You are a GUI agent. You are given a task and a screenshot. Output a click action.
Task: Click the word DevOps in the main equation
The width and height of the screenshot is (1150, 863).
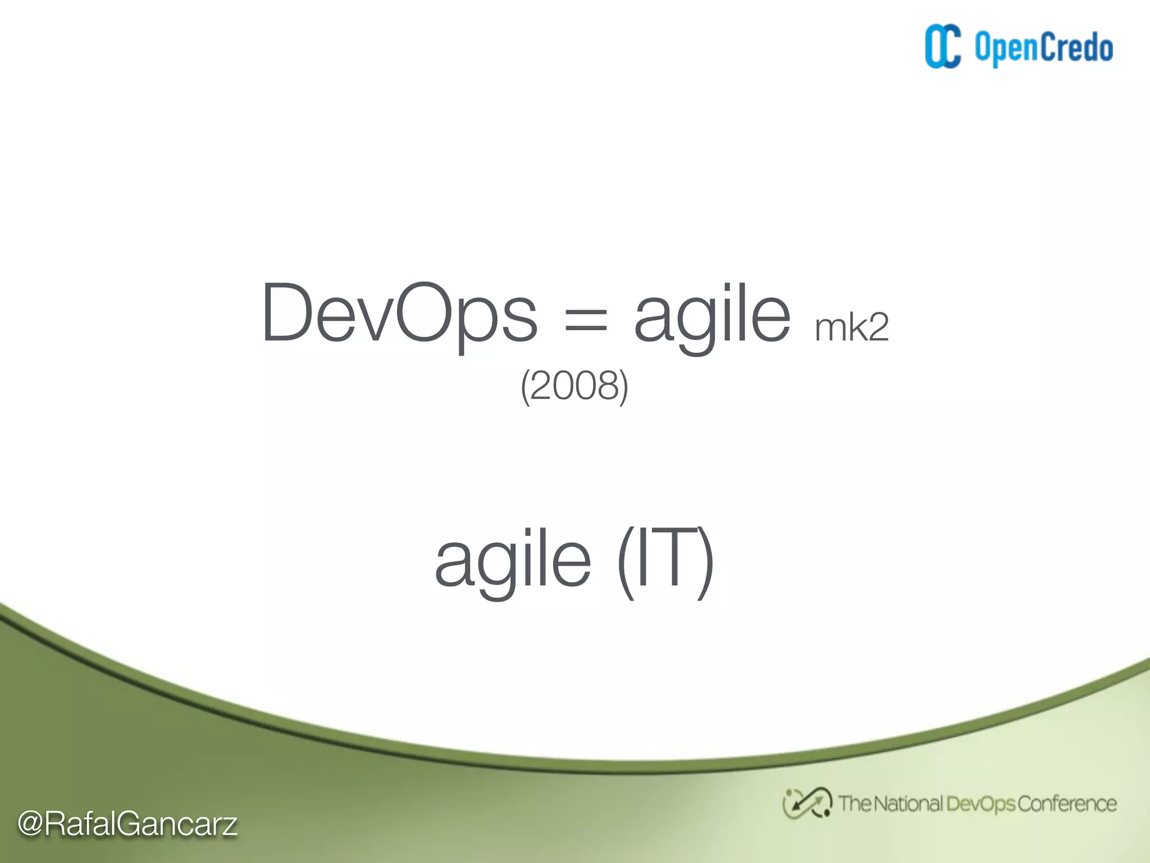pos(399,314)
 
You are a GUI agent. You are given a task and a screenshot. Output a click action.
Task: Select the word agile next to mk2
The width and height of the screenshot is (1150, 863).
pos(712,315)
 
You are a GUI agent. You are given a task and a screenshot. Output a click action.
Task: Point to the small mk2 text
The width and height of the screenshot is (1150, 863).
pos(851,328)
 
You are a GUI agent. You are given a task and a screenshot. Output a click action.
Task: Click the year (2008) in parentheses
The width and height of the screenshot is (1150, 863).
pos(574,386)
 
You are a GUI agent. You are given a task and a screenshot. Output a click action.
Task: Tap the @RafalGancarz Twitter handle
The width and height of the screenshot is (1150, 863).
pos(127,824)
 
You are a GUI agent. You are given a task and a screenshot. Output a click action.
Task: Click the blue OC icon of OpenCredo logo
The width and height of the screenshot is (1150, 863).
pos(943,47)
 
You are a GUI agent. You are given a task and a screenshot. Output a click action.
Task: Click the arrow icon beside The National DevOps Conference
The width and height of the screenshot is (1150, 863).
pos(807,803)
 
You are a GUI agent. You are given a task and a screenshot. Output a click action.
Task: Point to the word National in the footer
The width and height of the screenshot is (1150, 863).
pos(908,804)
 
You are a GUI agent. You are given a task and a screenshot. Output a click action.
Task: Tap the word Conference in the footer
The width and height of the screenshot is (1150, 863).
pos(1066,804)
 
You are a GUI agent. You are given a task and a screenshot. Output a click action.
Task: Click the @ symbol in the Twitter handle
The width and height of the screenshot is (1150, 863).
pos(30,824)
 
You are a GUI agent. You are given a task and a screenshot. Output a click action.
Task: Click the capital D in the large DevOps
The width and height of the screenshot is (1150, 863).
pos(287,312)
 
